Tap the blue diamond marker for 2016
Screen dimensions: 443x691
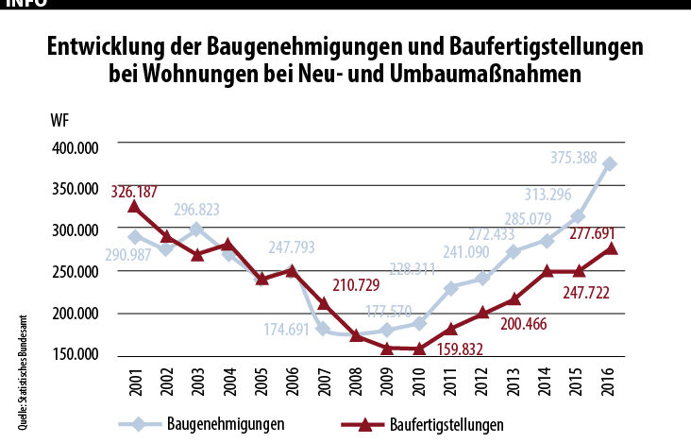click(x=610, y=163)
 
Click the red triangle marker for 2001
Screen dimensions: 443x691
click(x=135, y=207)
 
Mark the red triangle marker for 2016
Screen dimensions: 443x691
click(x=610, y=248)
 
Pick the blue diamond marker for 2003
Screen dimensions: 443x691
click(x=195, y=230)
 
